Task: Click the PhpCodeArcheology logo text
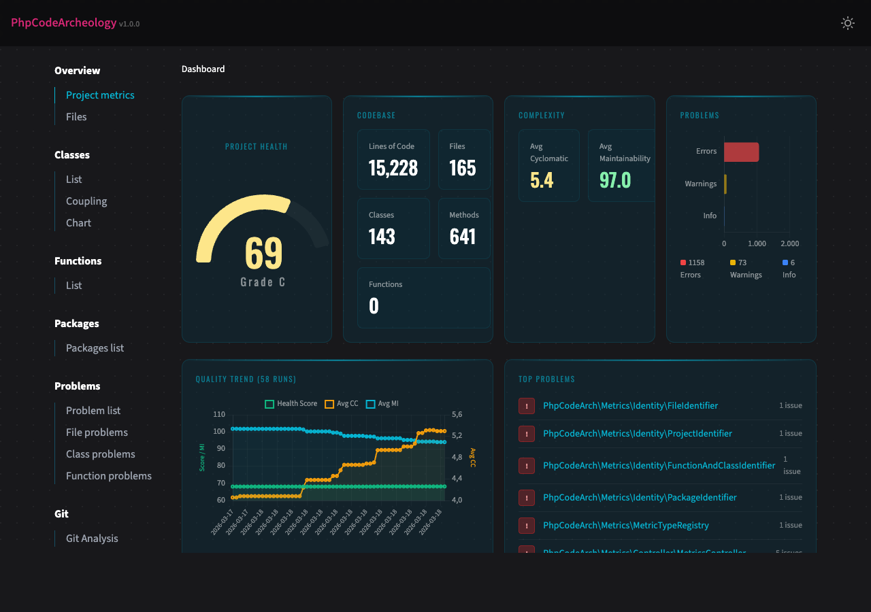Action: [x=63, y=22]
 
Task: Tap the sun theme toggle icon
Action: [x=847, y=23]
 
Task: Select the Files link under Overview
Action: [x=76, y=117]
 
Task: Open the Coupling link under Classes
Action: [x=86, y=201]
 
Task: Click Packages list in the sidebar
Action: [x=95, y=348]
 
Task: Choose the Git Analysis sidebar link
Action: [x=92, y=539]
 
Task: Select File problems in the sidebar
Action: [x=97, y=432]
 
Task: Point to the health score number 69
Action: [x=263, y=253]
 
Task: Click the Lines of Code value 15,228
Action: [x=393, y=168]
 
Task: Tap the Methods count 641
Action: [x=463, y=237]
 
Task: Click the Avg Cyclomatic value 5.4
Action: [x=542, y=180]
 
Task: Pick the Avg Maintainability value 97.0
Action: [x=615, y=180]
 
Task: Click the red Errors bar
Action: [x=741, y=152]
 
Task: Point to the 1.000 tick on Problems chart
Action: [x=757, y=243]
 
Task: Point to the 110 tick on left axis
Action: [x=218, y=414]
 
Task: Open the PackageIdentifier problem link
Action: [x=640, y=498]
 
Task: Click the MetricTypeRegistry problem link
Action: [x=625, y=526]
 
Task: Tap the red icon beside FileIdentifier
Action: [x=527, y=406]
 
